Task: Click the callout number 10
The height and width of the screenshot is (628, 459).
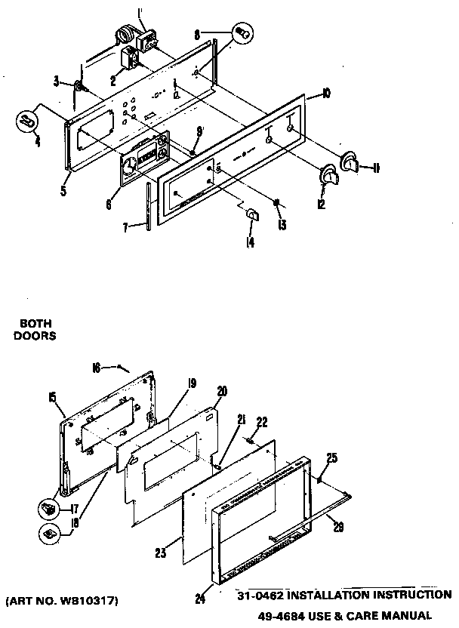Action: pyautogui.click(x=326, y=94)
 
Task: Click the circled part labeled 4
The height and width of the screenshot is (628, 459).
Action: pyautogui.click(x=28, y=121)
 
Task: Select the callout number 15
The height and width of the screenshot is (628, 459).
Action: pyautogui.click(x=51, y=396)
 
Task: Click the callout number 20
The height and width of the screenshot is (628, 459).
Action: pyautogui.click(x=221, y=391)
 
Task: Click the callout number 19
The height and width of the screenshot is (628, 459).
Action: pyautogui.click(x=192, y=383)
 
